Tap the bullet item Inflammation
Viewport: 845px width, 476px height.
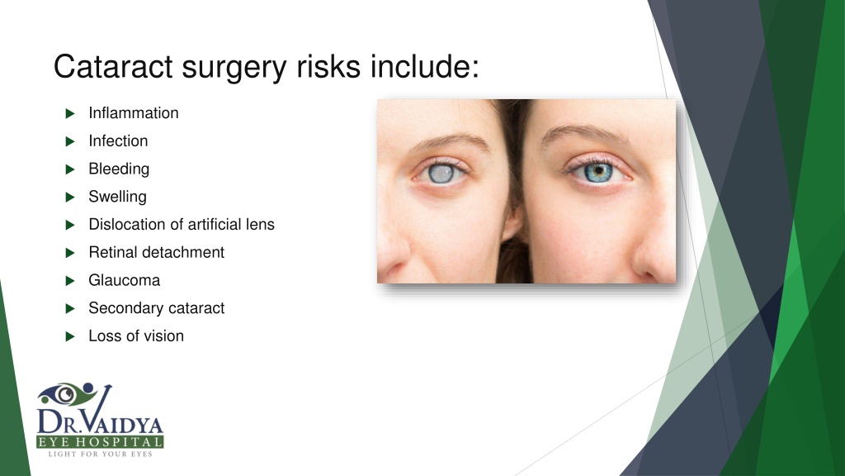(x=133, y=113)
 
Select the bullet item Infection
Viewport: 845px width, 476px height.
(x=118, y=141)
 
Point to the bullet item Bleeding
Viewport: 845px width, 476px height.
(x=119, y=169)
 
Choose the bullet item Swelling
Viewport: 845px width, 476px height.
(x=117, y=198)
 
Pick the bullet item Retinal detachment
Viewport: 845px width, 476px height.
(x=156, y=253)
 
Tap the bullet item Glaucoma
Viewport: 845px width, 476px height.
(x=124, y=281)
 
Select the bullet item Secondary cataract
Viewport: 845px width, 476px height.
(x=156, y=309)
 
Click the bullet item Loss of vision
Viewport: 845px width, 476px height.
(x=136, y=337)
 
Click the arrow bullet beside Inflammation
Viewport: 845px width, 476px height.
(x=69, y=113)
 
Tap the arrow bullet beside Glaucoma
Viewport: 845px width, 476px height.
(x=69, y=281)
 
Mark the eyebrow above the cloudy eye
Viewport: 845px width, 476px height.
(x=446, y=142)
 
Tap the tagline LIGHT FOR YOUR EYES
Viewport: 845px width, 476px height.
(x=100, y=455)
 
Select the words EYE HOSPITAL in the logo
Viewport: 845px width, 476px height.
(x=100, y=443)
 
